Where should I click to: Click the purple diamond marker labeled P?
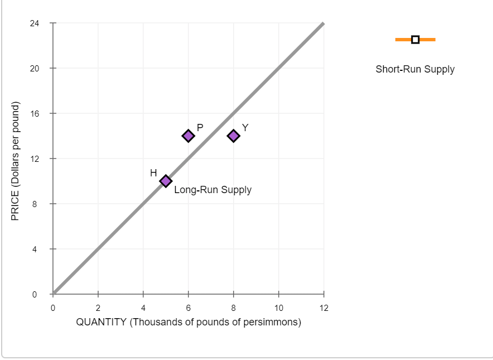(x=188, y=136)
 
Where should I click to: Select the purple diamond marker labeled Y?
(x=234, y=136)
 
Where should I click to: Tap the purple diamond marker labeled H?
(x=166, y=181)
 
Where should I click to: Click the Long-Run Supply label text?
(x=212, y=190)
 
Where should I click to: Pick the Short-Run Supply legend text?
(x=415, y=70)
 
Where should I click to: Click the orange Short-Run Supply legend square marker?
(x=415, y=40)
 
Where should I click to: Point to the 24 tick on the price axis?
(x=35, y=23)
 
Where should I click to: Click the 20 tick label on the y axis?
(x=35, y=69)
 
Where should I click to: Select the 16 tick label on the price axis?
(x=35, y=114)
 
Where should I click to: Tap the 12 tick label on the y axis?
(x=35, y=159)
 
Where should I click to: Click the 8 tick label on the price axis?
(x=35, y=204)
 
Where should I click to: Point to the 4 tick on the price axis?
(x=35, y=249)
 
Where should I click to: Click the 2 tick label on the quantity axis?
(x=98, y=308)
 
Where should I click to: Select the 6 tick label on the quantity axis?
(x=188, y=308)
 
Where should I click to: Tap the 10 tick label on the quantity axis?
(x=279, y=308)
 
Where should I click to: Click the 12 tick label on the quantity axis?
(x=324, y=308)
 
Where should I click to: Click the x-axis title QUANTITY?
(x=188, y=322)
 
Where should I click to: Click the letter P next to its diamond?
(x=200, y=127)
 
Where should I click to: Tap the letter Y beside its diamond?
(x=245, y=127)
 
